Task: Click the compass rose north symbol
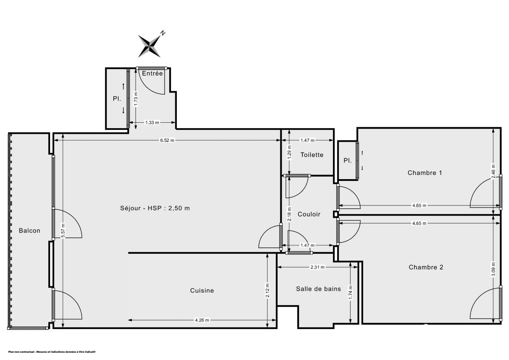point(151,44)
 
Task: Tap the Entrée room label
point(152,73)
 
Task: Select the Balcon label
point(30,231)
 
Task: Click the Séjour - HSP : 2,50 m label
point(155,208)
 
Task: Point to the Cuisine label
point(202,291)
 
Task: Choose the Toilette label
point(312,155)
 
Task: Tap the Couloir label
point(309,214)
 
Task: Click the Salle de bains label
point(318,289)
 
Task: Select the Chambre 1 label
point(425,173)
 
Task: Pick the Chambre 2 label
point(426,267)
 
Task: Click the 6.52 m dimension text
point(167,141)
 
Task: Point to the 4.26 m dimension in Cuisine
point(201,320)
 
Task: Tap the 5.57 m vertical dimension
point(63,231)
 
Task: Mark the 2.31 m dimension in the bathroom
point(317,267)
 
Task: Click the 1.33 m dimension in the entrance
point(152,123)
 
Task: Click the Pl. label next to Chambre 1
point(348,161)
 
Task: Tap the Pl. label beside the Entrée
point(117,98)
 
